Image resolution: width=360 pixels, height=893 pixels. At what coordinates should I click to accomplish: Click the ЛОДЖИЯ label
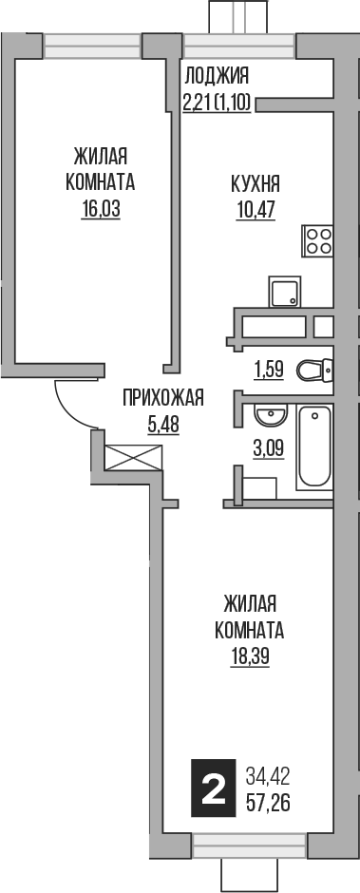[216, 77]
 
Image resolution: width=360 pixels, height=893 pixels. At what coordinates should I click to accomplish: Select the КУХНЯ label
[255, 183]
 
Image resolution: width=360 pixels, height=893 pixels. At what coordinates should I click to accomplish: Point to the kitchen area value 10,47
[255, 209]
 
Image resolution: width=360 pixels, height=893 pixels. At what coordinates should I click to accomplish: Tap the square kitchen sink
[284, 293]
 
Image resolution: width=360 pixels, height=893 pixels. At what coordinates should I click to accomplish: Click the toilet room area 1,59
[267, 370]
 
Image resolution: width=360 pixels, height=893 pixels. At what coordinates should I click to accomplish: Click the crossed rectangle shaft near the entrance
[134, 458]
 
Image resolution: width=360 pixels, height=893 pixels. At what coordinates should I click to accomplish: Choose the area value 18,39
[250, 656]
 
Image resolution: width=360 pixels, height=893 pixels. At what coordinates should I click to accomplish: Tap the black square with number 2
[214, 788]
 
